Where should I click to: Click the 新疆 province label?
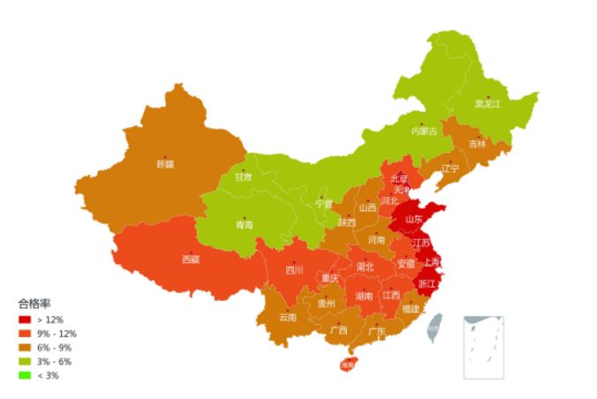pos(165,164)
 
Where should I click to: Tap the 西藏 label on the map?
pos(191,260)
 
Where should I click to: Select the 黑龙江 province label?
pos(487,104)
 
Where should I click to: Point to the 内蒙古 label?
pos(424,132)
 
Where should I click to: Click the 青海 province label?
pos(244,225)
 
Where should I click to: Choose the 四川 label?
pos(294,270)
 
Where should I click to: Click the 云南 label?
pos(288,317)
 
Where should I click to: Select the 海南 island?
pos(347,364)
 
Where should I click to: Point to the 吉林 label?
pos(477,144)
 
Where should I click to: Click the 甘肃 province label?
pos(243,177)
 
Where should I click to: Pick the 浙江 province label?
pos(427,284)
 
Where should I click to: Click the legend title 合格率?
pos(34,303)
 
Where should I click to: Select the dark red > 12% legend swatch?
pos(24,319)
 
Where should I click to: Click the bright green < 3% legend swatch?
pos(24,376)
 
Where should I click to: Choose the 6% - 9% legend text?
pos(55,348)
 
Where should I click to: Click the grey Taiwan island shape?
pos(434,330)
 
